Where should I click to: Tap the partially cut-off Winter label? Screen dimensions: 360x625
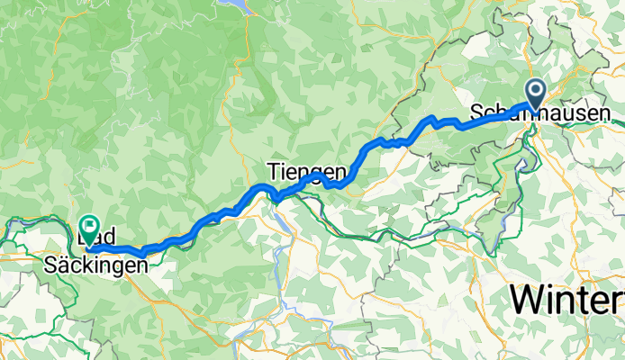pyautogui.click(x=567, y=298)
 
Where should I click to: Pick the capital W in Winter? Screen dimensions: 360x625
pyautogui.click(x=530, y=298)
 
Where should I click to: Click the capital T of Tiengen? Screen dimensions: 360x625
pyautogui.click(x=273, y=171)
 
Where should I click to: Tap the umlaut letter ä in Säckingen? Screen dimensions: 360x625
pyautogui.click(x=65, y=266)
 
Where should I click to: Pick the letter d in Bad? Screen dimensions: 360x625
pyautogui.click(x=115, y=242)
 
